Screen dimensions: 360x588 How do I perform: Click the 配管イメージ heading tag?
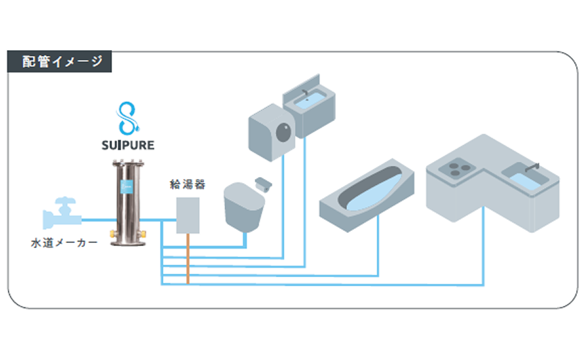(x=59, y=61)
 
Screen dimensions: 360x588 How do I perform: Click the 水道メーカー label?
(x=64, y=243)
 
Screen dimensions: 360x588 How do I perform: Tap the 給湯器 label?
(x=188, y=185)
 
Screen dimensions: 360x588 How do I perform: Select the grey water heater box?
(x=189, y=215)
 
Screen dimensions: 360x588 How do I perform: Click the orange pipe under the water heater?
(x=188, y=257)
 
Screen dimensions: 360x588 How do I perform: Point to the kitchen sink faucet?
(x=535, y=165)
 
